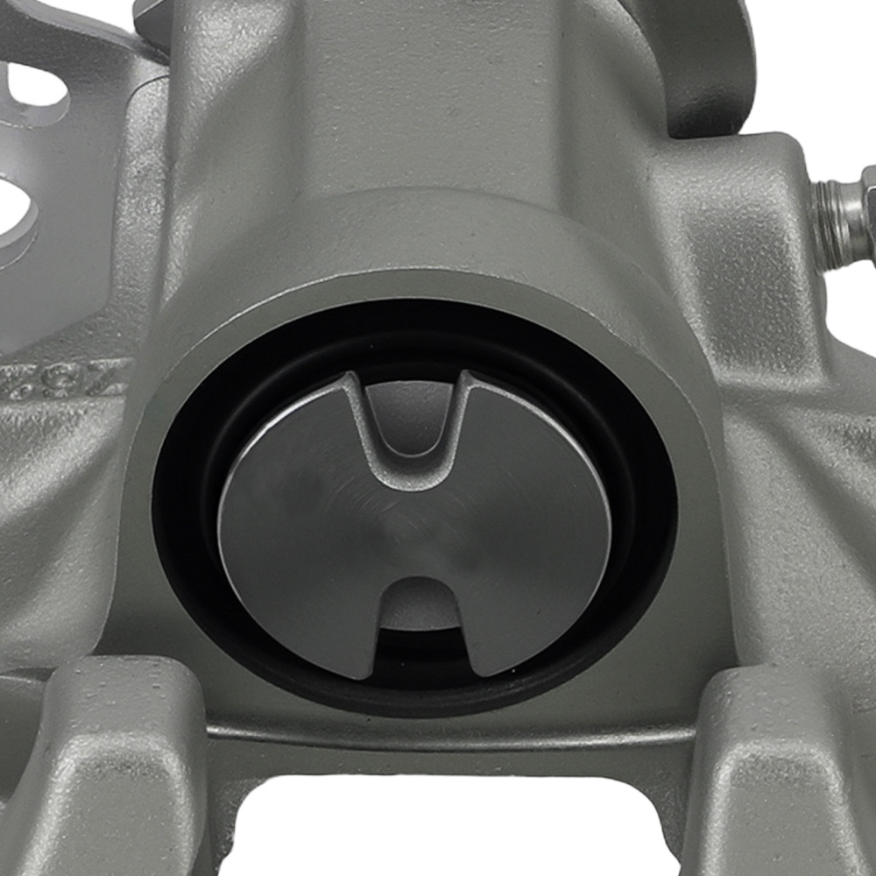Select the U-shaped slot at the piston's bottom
click(419, 613)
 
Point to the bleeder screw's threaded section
click(837, 219)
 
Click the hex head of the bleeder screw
click(867, 210)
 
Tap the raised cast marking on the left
click(61, 378)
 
